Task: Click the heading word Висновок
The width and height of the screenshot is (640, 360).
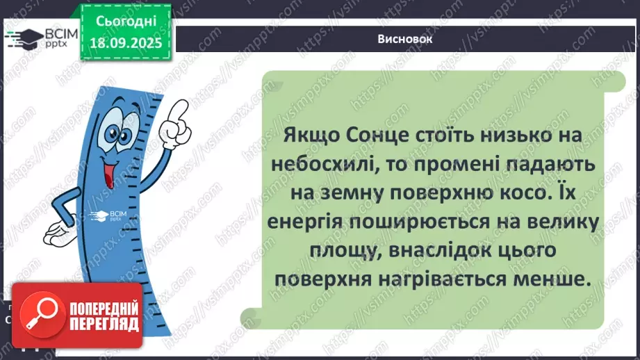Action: click(x=407, y=39)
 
